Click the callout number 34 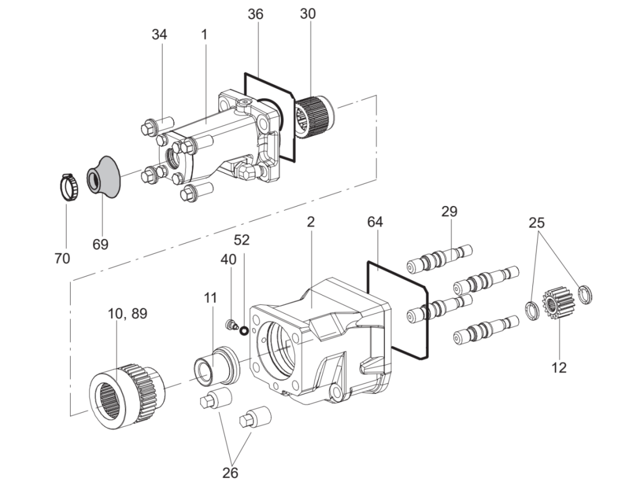tap(159, 35)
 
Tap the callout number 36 tap(256, 14)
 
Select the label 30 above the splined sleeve tap(308, 14)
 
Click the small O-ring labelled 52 tap(244, 330)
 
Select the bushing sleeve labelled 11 tap(216, 364)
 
